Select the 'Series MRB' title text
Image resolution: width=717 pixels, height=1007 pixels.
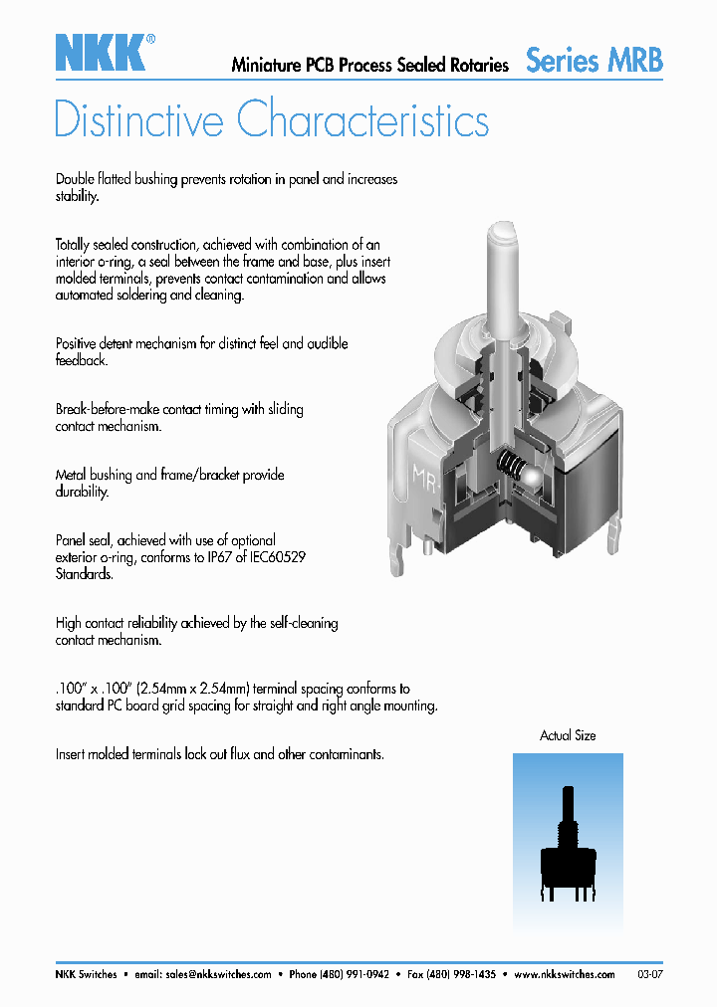tap(594, 60)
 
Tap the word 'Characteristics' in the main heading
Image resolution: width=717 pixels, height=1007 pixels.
tap(363, 120)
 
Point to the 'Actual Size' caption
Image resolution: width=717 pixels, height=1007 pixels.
tap(568, 735)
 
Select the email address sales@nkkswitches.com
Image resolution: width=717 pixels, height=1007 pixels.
tap(218, 974)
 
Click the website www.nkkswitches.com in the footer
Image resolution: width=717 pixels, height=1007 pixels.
tap(566, 974)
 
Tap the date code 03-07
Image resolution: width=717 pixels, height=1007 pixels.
tap(650, 974)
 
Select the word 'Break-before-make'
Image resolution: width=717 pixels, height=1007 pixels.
tap(107, 409)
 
